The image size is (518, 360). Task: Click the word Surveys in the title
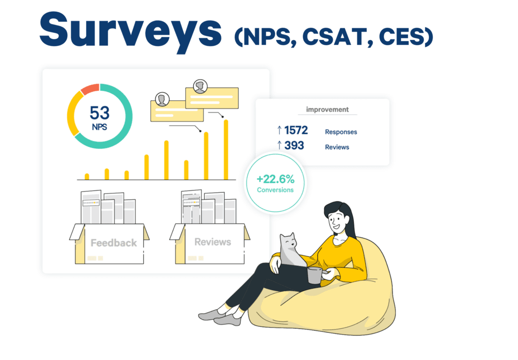click(x=131, y=31)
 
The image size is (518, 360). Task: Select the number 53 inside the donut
click(x=100, y=113)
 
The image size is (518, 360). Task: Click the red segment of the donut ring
click(x=90, y=89)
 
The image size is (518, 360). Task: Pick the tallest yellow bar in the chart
click(x=226, y=150)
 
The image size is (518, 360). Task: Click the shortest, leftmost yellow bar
click(x=87, y=177)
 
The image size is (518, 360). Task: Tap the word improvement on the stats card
click(x=327, y=109)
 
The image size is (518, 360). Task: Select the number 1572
click(x=296, y=130)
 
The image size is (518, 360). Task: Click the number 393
click(x=294, y=145)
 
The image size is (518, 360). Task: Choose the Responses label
click(x=341, y=132)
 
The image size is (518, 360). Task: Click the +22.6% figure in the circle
click(x=276, y=179)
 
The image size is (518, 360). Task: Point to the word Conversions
click(x=275, y=190)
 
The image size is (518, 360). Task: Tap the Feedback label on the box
click(x=114, y=243)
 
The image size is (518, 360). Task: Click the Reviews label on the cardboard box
click(x=213, y=242)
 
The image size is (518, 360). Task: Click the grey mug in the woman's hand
click(x=315, y=275)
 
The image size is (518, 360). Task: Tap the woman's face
click(x=337, y=220)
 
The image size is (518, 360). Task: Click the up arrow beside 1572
click(x=279, y=130)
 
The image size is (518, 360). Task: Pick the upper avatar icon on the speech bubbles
click(x=200, y=87)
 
